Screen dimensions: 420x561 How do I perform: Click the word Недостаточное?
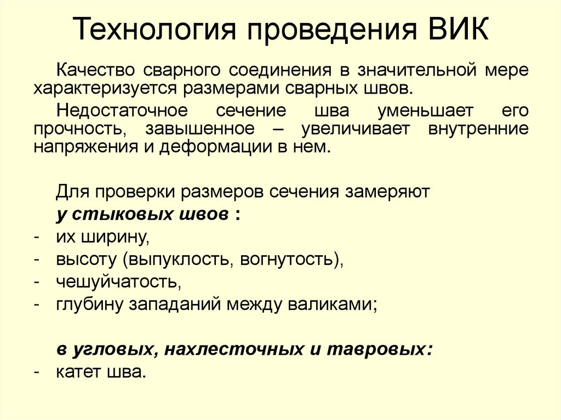coord(122,111)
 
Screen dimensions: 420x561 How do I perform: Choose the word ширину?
coord(118,237)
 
